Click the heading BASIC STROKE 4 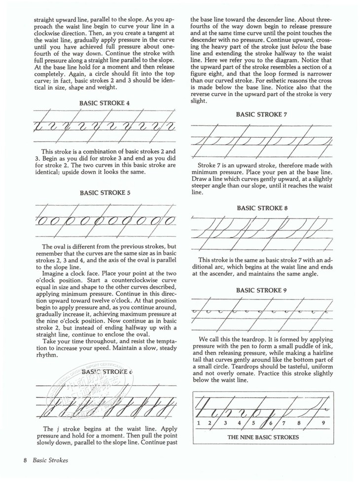[x=105, y=104]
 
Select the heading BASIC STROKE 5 [x=105, y=193]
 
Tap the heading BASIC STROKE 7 [x=261, y=114]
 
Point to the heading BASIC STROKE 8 [x=262, y=208]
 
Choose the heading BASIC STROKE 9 [x=261, y=291]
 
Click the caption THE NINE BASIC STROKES [x=263, y=437]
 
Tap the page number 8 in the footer [x=25, y=460]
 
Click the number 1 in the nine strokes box [x=198, y=423]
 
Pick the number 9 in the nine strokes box [x=323, y=423]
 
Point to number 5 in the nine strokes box [x=253, y=423]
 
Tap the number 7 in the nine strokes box [x=284, y=423]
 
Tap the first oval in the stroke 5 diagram [x=41, y=221]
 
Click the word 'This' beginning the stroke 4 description [x=48, y=151]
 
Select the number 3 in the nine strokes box [x=225, y=423]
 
